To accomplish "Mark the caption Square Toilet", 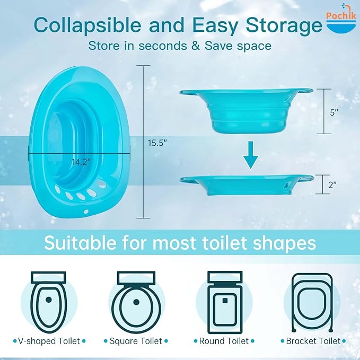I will click(136, 341).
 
